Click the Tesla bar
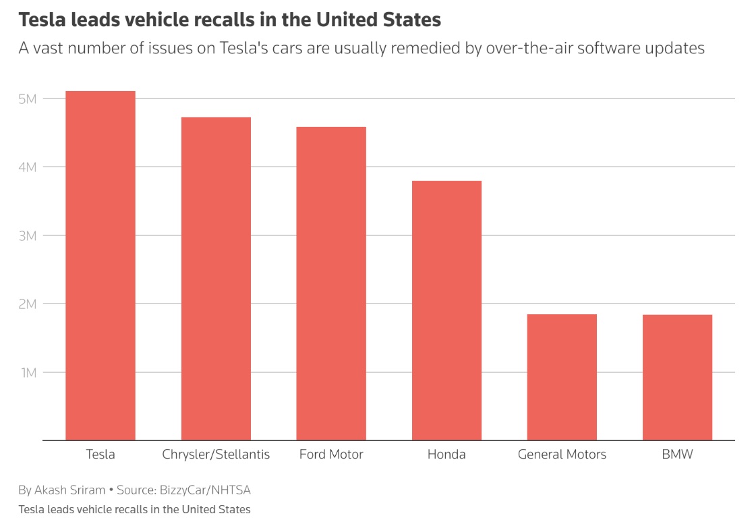point(100,266)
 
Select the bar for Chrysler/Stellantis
point(216,279)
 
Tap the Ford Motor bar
point(331,284)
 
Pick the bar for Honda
point(446,311)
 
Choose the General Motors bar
point(562,378)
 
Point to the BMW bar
point(677,378)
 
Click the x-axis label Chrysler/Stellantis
point(216,455)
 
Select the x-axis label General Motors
point(562,455)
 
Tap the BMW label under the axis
point(677,455)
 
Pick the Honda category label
point(446,455)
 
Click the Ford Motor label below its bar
point(331,455)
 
